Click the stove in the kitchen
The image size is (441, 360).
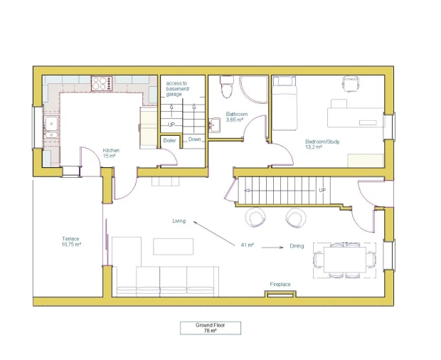point(102,83)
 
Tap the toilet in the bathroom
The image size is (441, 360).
point(227,87)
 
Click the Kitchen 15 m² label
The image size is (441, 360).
point(111,153)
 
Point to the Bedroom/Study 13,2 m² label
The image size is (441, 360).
point(322,144)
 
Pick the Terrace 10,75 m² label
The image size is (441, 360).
point(71,242)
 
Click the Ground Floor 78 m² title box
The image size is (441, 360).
point(211,328)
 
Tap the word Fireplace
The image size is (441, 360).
point(280,285)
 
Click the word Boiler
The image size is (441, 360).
point(169,140)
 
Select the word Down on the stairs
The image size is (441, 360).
point(194,139)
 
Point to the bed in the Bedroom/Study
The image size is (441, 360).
point(285,103)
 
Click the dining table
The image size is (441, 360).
point(345,260)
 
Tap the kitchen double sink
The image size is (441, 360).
point(51,127)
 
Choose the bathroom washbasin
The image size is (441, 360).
point(214,125)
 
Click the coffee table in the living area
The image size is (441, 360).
point(173,247)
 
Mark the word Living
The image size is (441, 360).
point(179,221)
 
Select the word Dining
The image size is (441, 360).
point(297,246)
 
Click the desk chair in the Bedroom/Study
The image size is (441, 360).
point(350,83)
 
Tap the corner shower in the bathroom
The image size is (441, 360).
point(254,90)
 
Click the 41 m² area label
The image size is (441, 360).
point(248,245)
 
